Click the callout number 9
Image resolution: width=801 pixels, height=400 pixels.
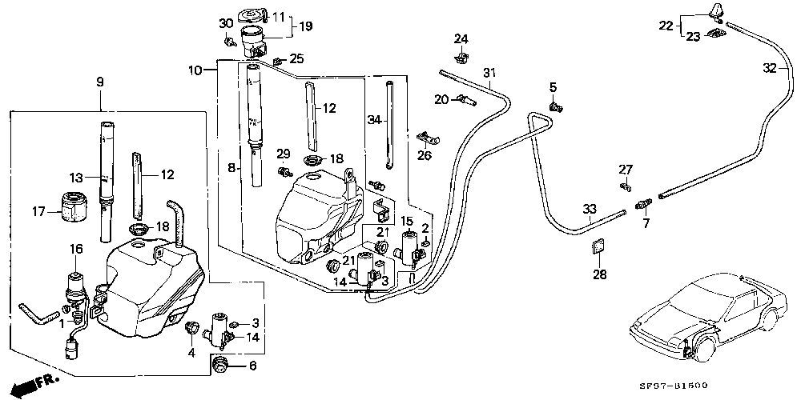tap(100, 82)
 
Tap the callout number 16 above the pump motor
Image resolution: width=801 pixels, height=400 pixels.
tap(77, 250)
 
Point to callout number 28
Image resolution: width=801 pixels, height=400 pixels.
tap(600, 274)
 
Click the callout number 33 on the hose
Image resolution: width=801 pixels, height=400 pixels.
tap(589, 210)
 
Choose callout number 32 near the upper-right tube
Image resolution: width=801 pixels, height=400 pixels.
tap(769, 69)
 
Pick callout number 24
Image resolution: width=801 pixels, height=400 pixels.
tap(461, 38)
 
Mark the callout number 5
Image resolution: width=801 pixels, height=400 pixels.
tap(553, 86)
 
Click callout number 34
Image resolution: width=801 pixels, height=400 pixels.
tap(372, 120)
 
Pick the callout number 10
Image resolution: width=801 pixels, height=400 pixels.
tap(195, 70)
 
